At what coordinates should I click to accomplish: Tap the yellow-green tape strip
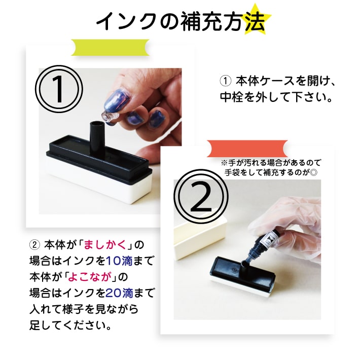pos(110,48)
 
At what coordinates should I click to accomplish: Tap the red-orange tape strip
pos(247,149)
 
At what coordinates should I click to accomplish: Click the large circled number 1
pos(59,89)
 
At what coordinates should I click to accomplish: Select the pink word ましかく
pos(105,245)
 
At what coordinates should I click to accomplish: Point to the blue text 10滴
pos(119,261)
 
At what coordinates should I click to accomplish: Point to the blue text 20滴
pos(119,293)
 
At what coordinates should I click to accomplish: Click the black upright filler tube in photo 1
pos(97,138)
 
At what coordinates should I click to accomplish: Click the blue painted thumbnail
pos(114,100)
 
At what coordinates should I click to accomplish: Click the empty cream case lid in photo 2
pos(200,239)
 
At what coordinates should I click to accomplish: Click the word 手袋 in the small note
pos(234,172)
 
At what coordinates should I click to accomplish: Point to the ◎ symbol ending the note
pos(314,172)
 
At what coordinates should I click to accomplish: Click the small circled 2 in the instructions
pos(34,245)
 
